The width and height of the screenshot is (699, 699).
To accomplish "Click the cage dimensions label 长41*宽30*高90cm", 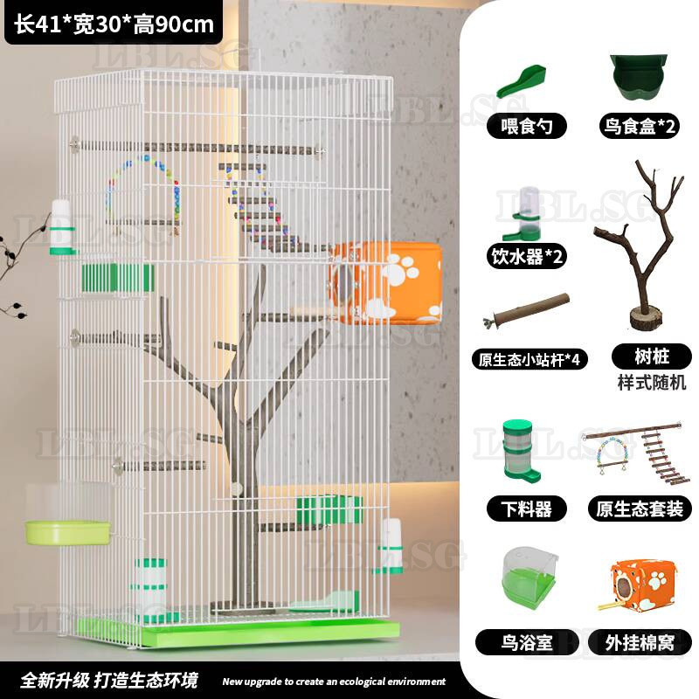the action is (114, 24).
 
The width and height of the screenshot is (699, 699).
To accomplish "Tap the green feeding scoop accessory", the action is (522, 80).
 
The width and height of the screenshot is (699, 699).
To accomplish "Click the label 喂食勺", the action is (527, 126).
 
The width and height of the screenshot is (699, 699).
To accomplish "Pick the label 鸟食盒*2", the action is (640, 126).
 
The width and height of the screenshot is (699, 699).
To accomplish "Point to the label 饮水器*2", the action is (527, 256).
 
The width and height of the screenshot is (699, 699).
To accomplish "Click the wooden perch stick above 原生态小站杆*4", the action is (526, 310).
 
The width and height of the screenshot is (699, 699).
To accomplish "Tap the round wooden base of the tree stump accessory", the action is (646, 317).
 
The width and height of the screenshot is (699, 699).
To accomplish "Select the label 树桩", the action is (651, 356).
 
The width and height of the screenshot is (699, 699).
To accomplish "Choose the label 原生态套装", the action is (640, 509).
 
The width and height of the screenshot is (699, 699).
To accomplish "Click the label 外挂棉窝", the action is (640, 642).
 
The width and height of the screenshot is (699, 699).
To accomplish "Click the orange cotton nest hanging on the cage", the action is (386, 282).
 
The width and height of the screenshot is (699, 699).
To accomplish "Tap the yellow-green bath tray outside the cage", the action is (68, 532).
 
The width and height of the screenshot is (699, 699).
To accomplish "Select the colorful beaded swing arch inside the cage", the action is (143, 190).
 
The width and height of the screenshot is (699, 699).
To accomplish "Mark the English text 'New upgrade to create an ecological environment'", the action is (334, 682).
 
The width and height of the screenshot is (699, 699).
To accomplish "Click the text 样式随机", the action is (651, 382).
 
